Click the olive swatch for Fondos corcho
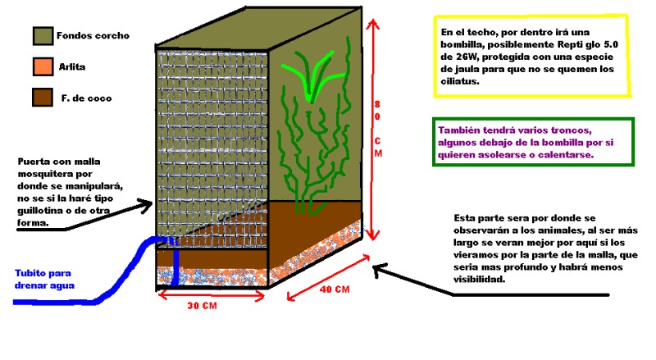43,35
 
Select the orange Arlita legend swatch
43,66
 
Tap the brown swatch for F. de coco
43,97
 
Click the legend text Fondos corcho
93,36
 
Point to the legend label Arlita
72,66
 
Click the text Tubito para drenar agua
44,280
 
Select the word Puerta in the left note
34,162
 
